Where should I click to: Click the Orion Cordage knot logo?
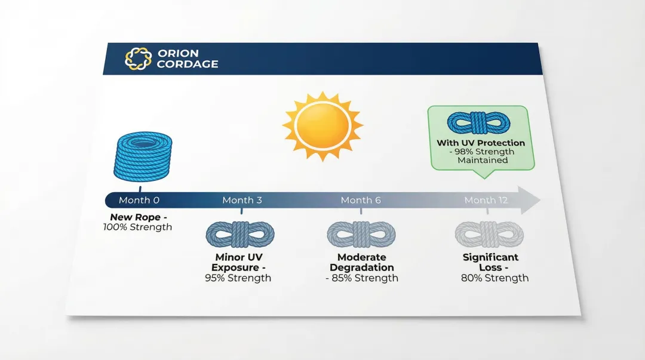click(x=138, y=59)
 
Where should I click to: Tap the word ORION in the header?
click(x=177, y=54)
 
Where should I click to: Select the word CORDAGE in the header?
click(x=188, y=64)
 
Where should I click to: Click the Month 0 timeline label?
click(x=139, y=200)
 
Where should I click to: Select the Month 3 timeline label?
click(x=242, y=200)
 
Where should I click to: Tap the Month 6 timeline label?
click(x=361, y=200)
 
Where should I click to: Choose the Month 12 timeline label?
click(x=486, y=200)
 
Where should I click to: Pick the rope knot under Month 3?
click(x=240, y=234)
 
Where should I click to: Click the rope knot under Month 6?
click(x=361, y=234)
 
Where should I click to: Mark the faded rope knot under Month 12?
click(x=489, y=234)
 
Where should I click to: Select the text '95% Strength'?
click(x=237, y=278)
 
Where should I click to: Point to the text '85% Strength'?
click(x=364, y=278)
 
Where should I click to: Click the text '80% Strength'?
click(x=494, y=278)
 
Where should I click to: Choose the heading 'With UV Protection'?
click(x=481, y=143)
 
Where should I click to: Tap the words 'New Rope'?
click(x=133, y=217)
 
